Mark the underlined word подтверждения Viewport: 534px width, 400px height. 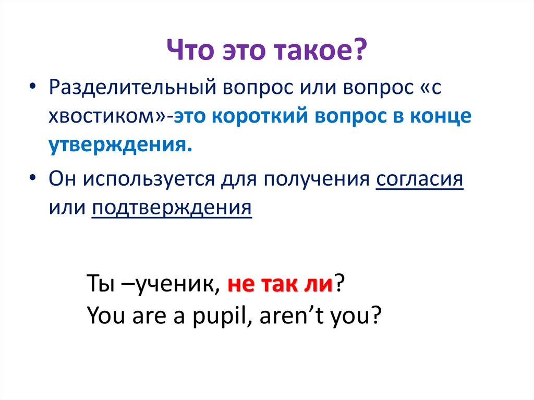[x=172, y=208]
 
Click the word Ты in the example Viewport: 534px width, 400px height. [x=97, y=285]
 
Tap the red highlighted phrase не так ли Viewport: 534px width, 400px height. [x=281, y=285]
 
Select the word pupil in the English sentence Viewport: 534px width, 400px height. [x=220, y=315]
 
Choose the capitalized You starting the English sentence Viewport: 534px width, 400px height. [x=100, y=315]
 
